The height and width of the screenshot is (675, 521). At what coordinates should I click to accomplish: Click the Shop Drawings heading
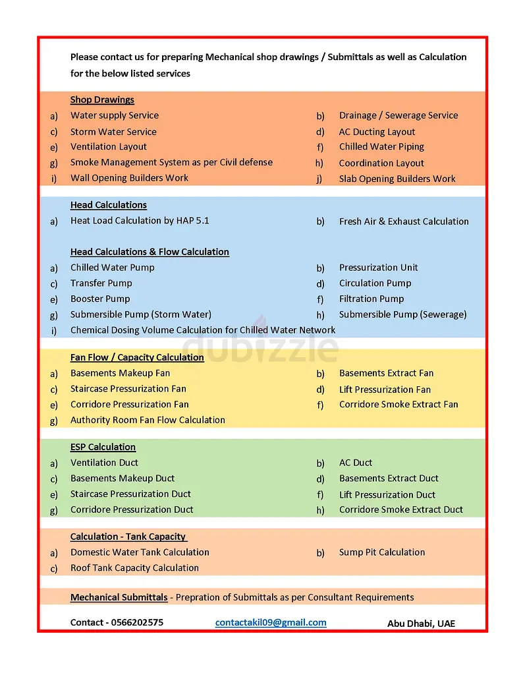(102, 100)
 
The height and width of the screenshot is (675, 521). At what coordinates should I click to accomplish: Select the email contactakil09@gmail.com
(270, 622)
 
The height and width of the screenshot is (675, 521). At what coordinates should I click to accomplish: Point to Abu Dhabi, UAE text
(421, 623)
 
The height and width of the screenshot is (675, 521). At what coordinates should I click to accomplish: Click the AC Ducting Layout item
(377, 132)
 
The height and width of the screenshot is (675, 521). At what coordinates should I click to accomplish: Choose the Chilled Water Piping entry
(381, 147)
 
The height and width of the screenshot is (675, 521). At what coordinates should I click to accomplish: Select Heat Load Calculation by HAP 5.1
(140, 221)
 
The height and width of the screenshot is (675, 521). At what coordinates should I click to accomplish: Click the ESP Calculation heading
(103, 447)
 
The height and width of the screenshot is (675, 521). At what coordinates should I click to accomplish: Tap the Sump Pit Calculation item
(382, 552)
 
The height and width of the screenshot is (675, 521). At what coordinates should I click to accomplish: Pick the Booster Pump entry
(100, 299)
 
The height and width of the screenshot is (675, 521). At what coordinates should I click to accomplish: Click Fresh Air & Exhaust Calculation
(404, 221)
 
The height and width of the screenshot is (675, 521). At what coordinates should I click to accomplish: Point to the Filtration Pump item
(371, 299)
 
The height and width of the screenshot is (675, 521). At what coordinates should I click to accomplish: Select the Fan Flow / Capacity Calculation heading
(137, 357)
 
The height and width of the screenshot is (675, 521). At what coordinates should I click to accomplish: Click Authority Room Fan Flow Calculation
(148, 420)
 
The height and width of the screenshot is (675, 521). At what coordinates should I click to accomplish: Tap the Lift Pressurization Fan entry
(385, 390)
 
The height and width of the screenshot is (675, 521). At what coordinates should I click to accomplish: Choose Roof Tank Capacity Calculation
(134, 568)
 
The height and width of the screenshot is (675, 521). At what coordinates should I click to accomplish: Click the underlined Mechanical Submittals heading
(119, 597)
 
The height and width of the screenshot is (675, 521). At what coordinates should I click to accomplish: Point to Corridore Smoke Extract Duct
(401, 510)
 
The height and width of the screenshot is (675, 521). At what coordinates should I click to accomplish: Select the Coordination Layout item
(381, 163)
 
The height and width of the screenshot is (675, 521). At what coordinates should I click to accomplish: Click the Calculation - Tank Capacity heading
(128, 537)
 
